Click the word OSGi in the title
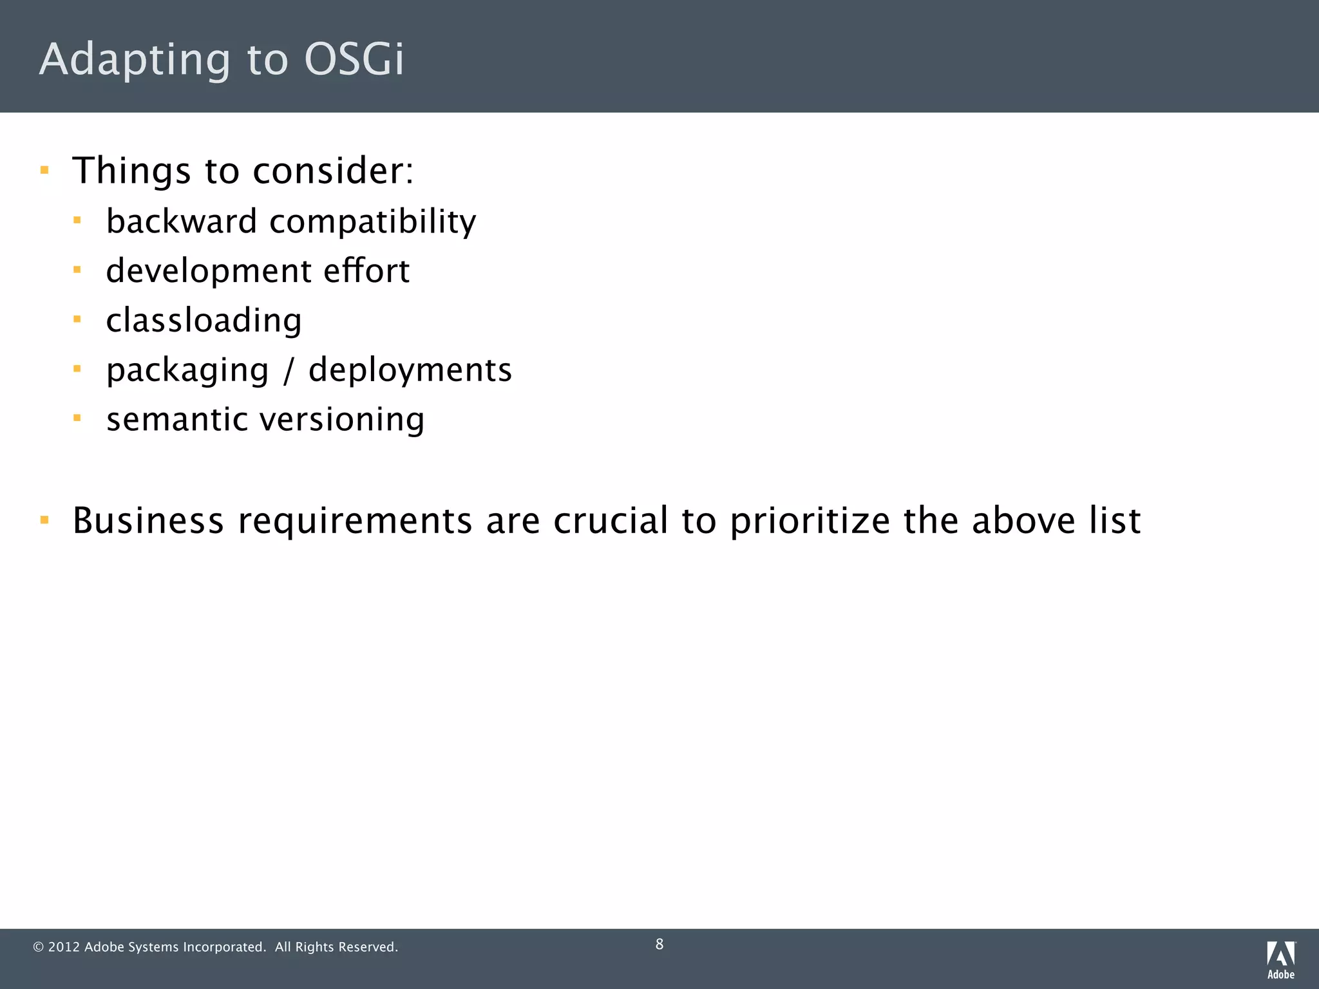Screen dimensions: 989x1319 pos(354,59)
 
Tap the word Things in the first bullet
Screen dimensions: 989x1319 pos(131,171)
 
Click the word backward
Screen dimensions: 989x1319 pos(182,221)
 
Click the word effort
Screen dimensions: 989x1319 pos(366,270)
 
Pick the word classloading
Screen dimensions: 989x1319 pos(204,321)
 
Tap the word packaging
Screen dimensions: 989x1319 pos(187,371)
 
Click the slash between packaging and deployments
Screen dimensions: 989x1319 pos(288,371)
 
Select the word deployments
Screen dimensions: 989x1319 pos(410,371)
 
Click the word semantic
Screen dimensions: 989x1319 pos(177,420)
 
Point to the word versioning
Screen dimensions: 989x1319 pos(342,420)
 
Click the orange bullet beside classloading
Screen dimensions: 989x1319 pos(77,319)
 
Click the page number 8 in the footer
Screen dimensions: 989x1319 pos(659,944)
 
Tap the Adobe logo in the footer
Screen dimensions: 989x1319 pos(1280,959)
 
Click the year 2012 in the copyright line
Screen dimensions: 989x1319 pos(64,947)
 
